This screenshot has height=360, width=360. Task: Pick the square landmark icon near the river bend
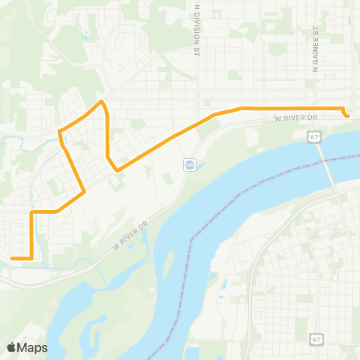click(x=190, y=165)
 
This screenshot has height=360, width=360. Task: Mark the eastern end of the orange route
click(x=347, y=115)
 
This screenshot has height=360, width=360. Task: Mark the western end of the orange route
click(x=12, y=258)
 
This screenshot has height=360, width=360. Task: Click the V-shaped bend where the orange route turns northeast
click(x=117, y=170)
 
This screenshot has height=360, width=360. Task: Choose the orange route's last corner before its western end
click(x=31, y=258)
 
